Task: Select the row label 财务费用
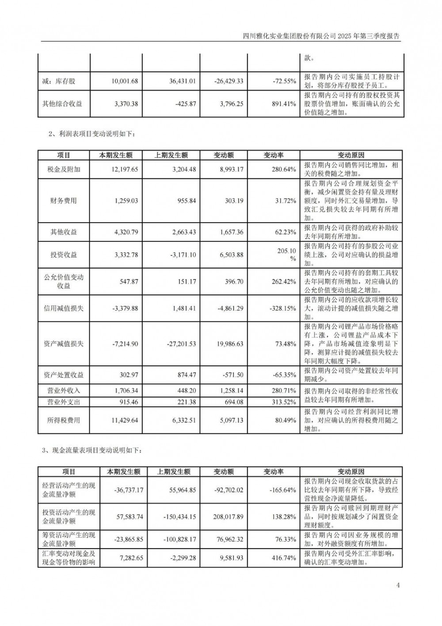coord(64,201)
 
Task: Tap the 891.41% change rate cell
coord(283,104)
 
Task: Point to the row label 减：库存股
coord(59,81)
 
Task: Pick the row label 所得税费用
coord(64,420)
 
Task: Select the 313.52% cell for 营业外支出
coord(283,402)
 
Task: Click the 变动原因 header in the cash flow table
coord(351,472)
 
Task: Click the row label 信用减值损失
coord(64,308)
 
